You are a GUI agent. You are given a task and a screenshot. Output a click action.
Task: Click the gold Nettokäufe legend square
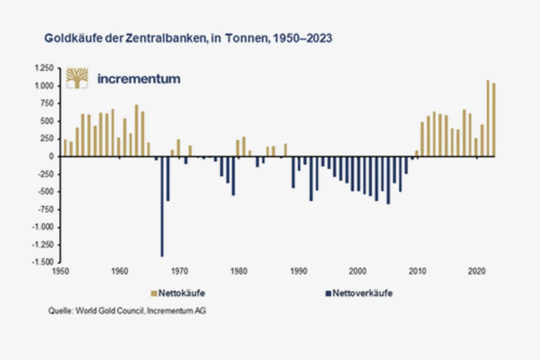pos(153,294)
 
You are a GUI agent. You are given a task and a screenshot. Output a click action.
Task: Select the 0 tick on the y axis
pos(52,157)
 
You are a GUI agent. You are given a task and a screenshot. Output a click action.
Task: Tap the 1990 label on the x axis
pos(298,271)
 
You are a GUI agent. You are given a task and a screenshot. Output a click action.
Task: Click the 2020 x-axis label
pos(476,271)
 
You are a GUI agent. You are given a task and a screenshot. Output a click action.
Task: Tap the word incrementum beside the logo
pos(139,79)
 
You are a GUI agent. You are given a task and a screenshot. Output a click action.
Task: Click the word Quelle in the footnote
pos(60,311)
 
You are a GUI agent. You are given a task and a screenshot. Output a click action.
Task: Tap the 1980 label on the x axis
pos(238,271)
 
